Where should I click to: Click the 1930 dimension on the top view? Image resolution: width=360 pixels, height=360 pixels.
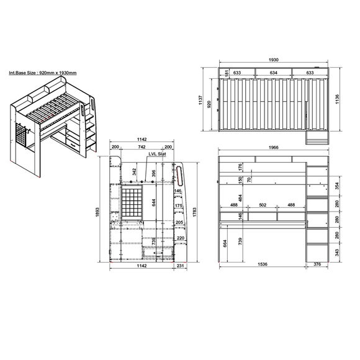273,60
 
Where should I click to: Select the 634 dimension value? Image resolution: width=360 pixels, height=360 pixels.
274,73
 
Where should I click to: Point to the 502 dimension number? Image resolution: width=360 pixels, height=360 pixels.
263,205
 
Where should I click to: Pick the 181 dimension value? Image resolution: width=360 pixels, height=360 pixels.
228,73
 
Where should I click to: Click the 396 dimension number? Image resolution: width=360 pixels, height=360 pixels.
153,173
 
